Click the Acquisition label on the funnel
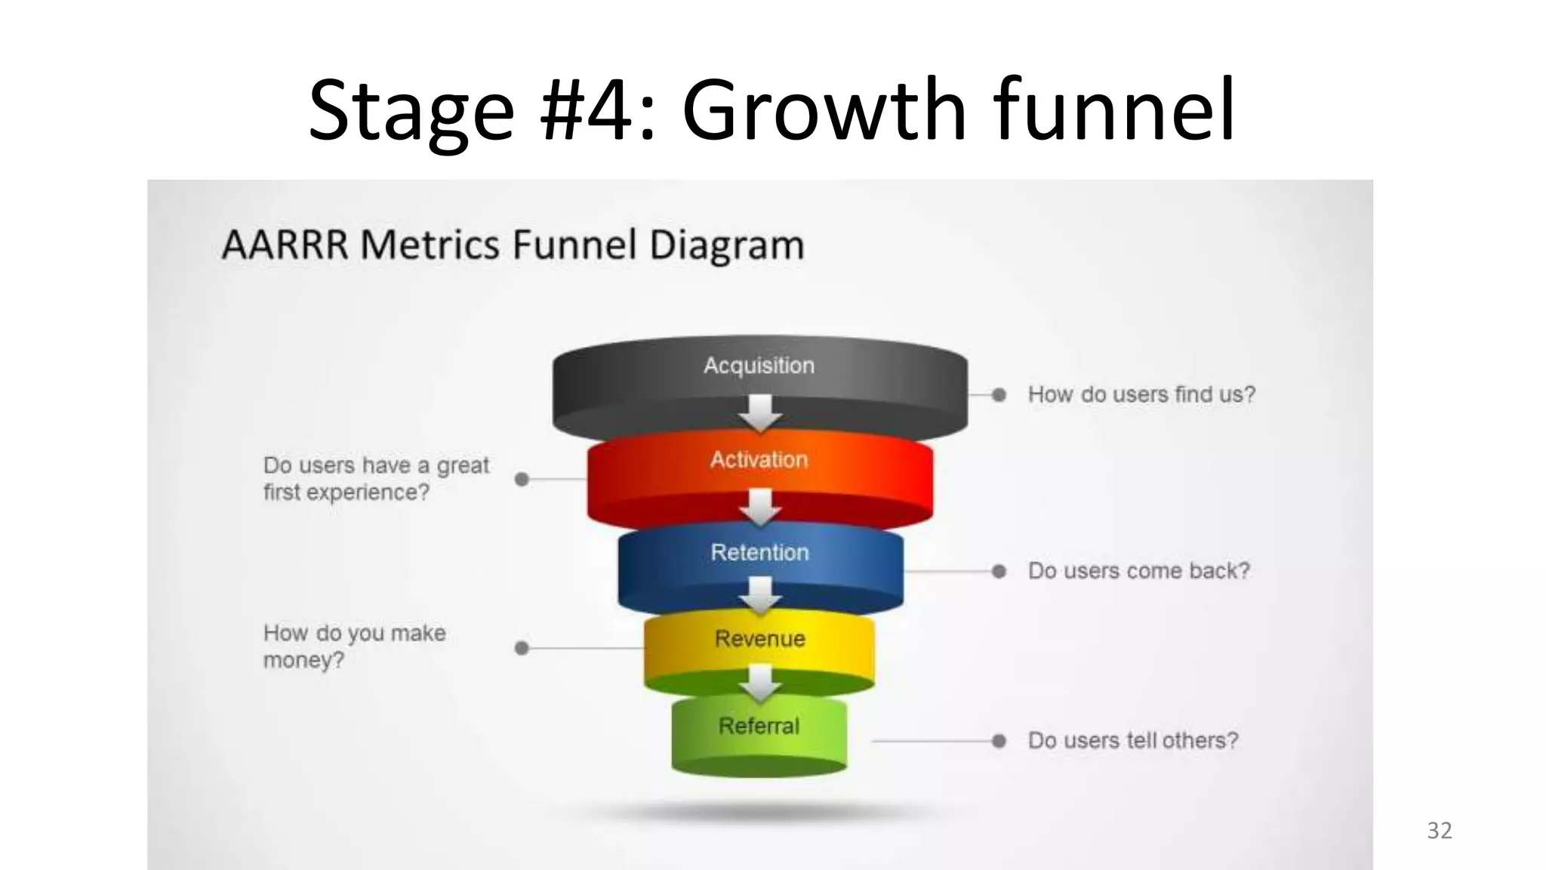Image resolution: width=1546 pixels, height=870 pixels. click(759, 366)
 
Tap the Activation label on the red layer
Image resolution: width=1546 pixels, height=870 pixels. click(759, 460)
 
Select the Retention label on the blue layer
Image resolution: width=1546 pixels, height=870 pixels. click(759, 552)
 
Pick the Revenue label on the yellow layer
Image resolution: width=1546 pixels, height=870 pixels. click(759, 639)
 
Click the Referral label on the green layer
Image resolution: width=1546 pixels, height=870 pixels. click(759, 726)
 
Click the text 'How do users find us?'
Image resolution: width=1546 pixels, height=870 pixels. click(1141, 394)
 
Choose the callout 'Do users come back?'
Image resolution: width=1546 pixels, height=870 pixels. click(1138, 571)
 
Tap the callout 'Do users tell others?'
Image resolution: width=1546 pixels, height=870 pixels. click(1133, 740)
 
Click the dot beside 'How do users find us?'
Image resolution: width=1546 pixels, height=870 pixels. click(999, 395)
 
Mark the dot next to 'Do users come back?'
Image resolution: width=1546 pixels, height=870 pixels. click(999, 572)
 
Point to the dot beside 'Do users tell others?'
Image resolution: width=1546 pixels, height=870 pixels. click(999, 741)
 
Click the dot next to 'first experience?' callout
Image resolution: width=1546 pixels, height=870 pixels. click(522, 480)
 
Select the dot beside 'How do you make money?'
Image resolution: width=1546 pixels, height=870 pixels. click(522, 648)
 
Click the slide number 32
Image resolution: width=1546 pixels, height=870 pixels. click(1440, 831)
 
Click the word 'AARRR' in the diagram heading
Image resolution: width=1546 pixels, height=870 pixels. click(285, 245)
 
